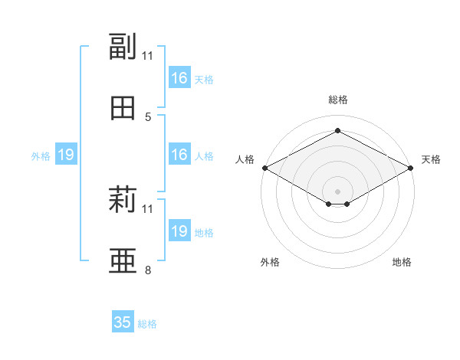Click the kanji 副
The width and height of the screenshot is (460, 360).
point(123,46)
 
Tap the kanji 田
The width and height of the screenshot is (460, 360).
point(123,108)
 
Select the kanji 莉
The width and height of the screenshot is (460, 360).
point(123,199)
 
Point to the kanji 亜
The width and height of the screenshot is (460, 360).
point(123,260)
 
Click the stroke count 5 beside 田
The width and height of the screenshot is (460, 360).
point(148,117)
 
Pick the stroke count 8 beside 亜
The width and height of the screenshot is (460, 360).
point(148,270)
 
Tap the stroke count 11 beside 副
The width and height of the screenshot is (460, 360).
point(147,56)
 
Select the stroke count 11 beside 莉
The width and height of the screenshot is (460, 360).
point(147,209)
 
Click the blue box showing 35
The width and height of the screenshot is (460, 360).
point(123,321)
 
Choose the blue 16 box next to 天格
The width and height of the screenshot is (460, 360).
point(179,77)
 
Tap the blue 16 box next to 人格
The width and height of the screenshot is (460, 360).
point(179,154)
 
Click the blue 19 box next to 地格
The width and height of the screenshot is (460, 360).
point(179,230)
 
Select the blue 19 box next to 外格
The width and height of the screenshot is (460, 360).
point(66,154)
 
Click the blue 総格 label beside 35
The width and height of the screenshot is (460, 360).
point(147,324)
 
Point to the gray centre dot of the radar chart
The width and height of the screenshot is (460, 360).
point(337,191)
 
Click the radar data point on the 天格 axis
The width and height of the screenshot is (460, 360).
point(411,168)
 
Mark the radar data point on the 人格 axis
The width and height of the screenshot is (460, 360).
point(265,168)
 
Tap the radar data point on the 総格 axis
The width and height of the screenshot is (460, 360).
point(337,130)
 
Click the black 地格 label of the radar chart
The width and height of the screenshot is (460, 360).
point(402,262)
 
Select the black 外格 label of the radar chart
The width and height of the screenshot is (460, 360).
point(270,262)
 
